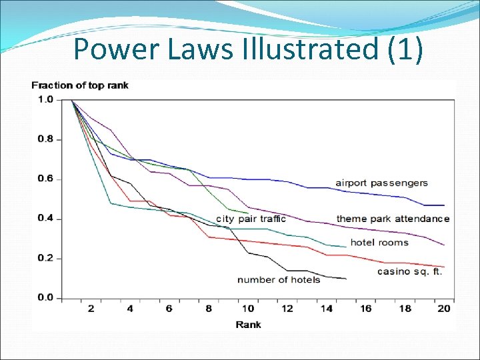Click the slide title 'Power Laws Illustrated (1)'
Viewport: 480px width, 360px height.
click(x=247, y=49)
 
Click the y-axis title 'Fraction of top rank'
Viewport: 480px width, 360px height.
click(x=80, y=85)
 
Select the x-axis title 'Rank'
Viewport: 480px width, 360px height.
click(x=248, y=325)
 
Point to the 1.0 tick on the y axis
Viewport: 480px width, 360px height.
click(x=45, y=100)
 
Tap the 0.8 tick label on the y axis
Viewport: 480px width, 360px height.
click(x=45, y=139)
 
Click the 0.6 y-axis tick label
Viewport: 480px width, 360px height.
click(x=45, y=179)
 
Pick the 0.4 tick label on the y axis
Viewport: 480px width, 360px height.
click(x=45, y=219)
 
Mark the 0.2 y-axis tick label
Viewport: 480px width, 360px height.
click(x=45, y=259)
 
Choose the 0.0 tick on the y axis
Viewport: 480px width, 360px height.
click(x=45, y=298)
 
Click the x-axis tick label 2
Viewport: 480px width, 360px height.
click(x=91, y=309)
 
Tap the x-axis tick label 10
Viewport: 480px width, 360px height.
click(x=248, y=309)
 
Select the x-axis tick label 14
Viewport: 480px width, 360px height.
click(x=327, y=309)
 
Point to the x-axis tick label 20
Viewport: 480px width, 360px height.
click(x=444, y=309)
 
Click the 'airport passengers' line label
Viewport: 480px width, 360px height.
click(x=381, y=183)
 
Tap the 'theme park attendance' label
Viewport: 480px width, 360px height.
click(x=393, y=219)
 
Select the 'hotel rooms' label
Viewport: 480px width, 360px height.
click(x=379, y=243)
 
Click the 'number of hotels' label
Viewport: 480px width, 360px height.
click(x=279, y=279)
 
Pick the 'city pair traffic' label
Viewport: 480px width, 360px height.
click(x=251, y=219)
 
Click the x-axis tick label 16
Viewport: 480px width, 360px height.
click(x=365, y=309)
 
